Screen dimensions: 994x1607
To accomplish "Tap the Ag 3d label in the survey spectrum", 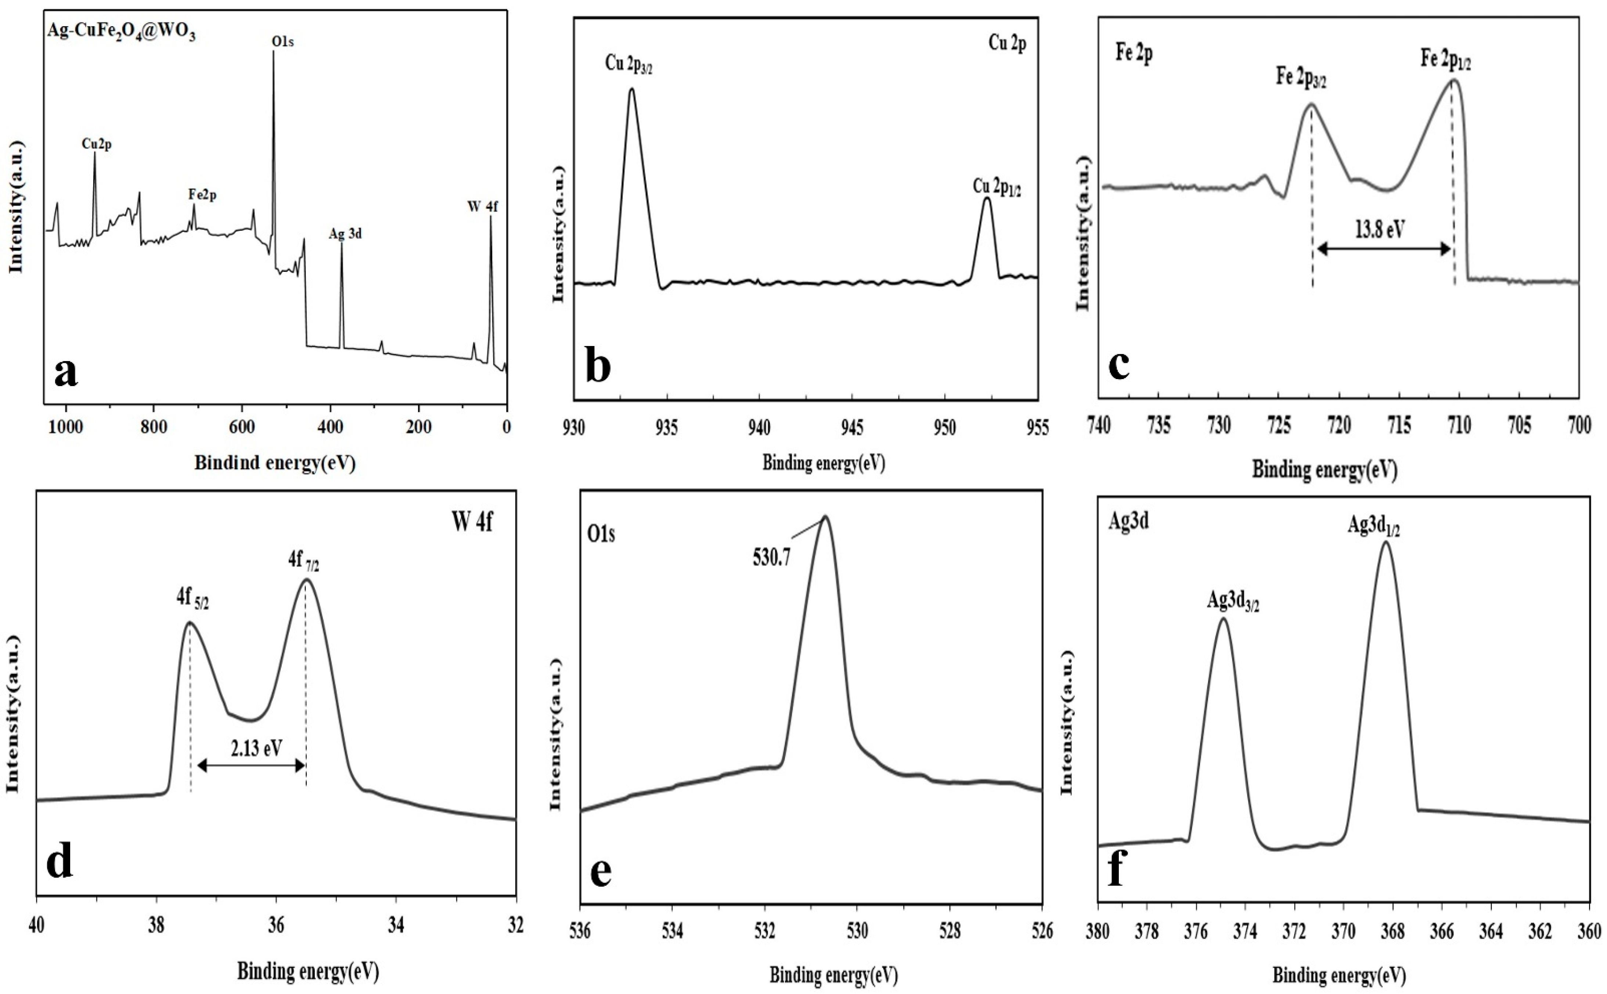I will coord(345,233).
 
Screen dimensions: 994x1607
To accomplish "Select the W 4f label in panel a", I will coord(482,206).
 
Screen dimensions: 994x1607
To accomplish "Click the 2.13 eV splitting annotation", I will coord(256,748).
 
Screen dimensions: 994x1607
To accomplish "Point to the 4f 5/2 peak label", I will coord(192,598).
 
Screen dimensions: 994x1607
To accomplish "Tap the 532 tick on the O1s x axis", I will coord(764,932).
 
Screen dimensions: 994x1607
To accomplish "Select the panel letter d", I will coord(60,861).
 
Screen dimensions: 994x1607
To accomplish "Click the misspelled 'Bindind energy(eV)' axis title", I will coord(275,463).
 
